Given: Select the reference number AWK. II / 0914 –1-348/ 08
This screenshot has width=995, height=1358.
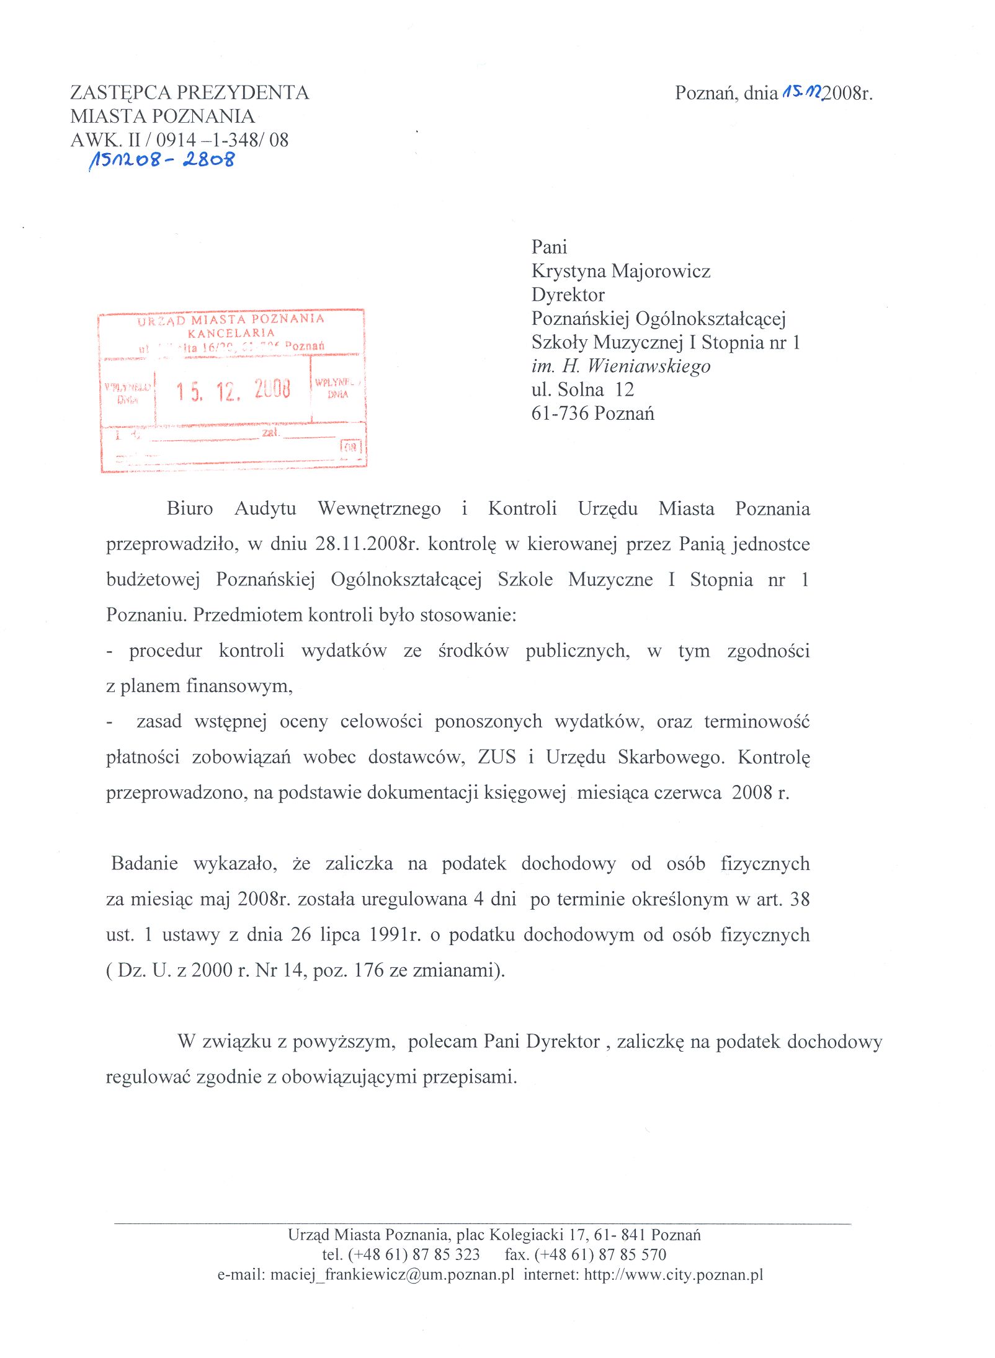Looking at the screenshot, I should (179, 140).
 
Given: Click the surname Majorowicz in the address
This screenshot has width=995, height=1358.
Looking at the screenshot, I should (661, 271).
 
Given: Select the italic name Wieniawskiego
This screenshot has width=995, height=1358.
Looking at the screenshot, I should (648, 366).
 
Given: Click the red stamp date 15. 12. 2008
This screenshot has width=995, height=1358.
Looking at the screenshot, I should (233, 391).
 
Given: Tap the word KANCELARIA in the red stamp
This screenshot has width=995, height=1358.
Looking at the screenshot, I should (231, 333).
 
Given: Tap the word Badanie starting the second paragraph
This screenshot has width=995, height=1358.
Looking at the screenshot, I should (145, 864).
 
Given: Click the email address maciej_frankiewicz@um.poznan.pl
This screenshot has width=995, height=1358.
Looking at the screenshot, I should (392, 1274).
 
